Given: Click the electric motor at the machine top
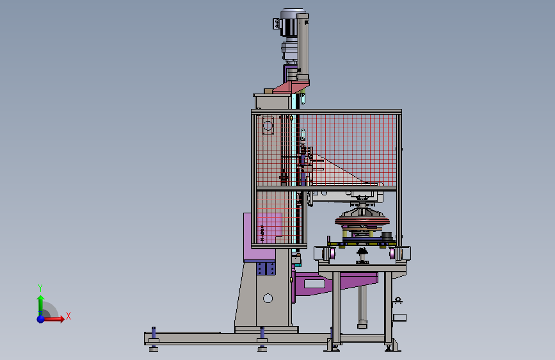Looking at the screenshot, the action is [x=289, y=23].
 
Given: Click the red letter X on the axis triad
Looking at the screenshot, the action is [x=68, y=316].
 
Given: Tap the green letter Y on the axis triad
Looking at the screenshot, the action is [x=40, y=288].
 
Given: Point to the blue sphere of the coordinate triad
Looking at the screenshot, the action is [x=41, y=319].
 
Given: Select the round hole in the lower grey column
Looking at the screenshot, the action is [x=268, y=299].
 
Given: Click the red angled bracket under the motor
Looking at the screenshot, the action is [x=291, y=87].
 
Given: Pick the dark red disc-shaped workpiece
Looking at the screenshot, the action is [x=362, y=221].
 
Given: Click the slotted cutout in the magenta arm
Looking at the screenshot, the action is [x=314, y=284].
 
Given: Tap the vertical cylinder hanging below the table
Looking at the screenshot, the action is [x=362, y=307].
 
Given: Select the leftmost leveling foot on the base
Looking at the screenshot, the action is [x=154, y=340].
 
